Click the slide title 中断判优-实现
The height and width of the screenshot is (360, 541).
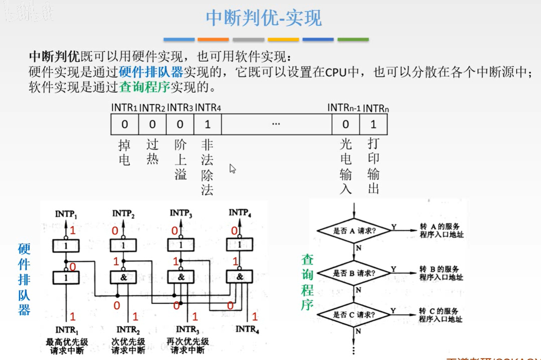pos(264,18)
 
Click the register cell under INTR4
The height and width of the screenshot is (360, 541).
pos(208,124)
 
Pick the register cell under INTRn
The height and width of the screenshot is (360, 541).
pos(373,124)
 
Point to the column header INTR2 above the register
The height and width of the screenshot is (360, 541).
pos(152,108)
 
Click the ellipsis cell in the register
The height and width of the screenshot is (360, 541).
pos(276,124)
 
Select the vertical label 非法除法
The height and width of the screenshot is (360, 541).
pos(207,167)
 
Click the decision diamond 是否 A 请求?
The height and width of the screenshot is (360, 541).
pos(354,231)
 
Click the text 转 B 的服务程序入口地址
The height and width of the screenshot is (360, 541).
pos(441,273)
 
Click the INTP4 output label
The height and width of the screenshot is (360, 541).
pos(240,212)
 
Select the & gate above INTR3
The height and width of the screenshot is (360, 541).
pos(181,277)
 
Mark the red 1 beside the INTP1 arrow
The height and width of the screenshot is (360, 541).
pos(73,231)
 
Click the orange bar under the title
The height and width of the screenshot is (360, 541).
pos(213,40)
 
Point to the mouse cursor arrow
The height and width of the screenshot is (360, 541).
pos(233,169)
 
